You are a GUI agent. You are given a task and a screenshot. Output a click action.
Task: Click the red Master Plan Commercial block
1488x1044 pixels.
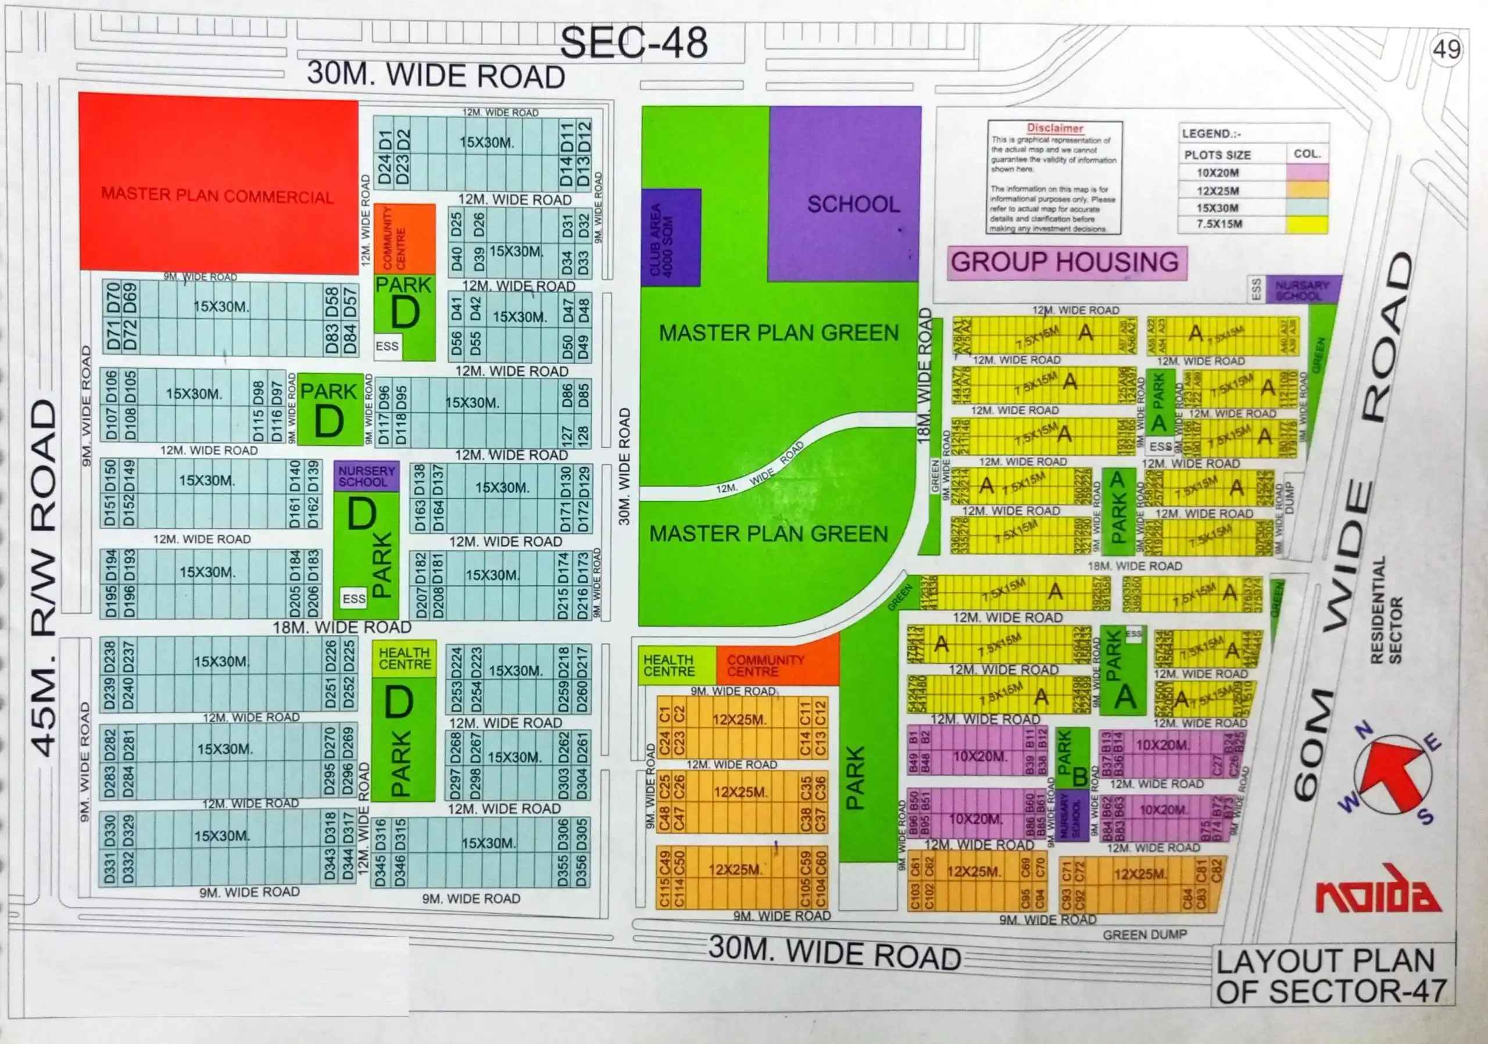[x=218, y=185]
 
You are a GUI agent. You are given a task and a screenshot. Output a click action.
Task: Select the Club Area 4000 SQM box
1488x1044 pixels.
[x=671, y=238]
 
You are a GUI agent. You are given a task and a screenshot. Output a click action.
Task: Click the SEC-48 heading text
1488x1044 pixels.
[x=633, y=44]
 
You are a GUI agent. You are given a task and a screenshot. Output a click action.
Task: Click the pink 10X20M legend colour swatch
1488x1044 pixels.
[x=1307, y=173]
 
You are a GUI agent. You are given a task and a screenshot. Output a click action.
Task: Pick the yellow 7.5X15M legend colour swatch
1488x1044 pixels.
[x=1307, y=224]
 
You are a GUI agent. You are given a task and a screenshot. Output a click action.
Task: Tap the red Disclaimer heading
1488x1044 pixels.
[x=1055, y=128]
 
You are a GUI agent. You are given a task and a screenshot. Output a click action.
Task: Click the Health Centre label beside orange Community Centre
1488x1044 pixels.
[x=669, y=666]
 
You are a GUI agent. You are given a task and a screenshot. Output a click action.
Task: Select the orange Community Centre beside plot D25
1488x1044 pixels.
[x=405, y=238]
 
